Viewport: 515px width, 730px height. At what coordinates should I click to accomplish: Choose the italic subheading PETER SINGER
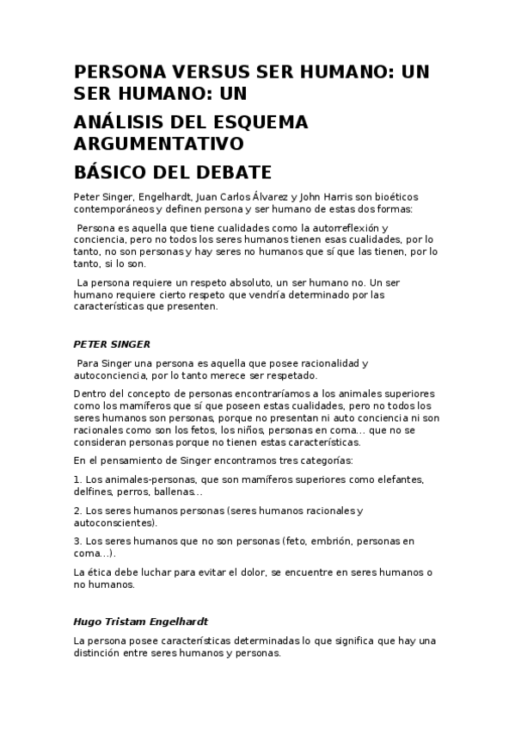pos(113,343)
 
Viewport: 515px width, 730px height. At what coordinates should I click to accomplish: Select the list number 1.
pos(77,479)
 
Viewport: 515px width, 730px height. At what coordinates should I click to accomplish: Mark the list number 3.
pos(77,541)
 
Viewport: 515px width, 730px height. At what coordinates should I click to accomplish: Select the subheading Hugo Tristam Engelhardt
pos(141,621)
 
